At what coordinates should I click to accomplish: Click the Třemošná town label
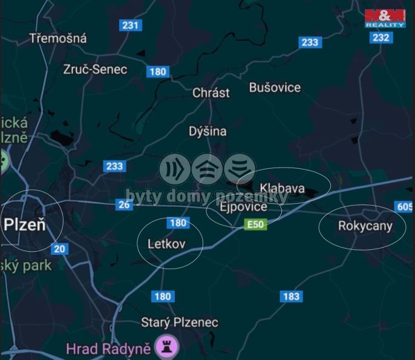[x=58, y=38]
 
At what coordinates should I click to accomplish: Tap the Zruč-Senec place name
[x=95, y=69]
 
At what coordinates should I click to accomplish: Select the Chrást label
[x=211, y=93]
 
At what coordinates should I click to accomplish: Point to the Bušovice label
[x=275, y=87]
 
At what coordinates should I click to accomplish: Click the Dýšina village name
[x=207, y=131]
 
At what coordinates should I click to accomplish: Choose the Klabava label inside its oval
[x=282, y=188]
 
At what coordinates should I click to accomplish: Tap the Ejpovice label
[x=243, y=207]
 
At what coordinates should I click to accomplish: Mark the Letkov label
[x=166, y=243]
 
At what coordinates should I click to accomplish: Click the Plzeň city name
[x=25, y=224]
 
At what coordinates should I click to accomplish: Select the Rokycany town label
[x=365, y=226]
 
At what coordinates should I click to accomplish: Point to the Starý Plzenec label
[x=180, y=322]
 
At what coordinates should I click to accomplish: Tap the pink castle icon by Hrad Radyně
[x=168, y=347]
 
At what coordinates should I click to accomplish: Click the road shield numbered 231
[x=131, y=25]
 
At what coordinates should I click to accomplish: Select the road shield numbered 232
[x=381, y=38]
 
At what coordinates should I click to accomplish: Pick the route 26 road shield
[x=124, y=205]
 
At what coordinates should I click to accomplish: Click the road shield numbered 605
[x=405, y=207]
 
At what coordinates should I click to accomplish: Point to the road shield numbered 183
[x=291, y=296]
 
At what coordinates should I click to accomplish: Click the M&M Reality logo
[x=385, y=18]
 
